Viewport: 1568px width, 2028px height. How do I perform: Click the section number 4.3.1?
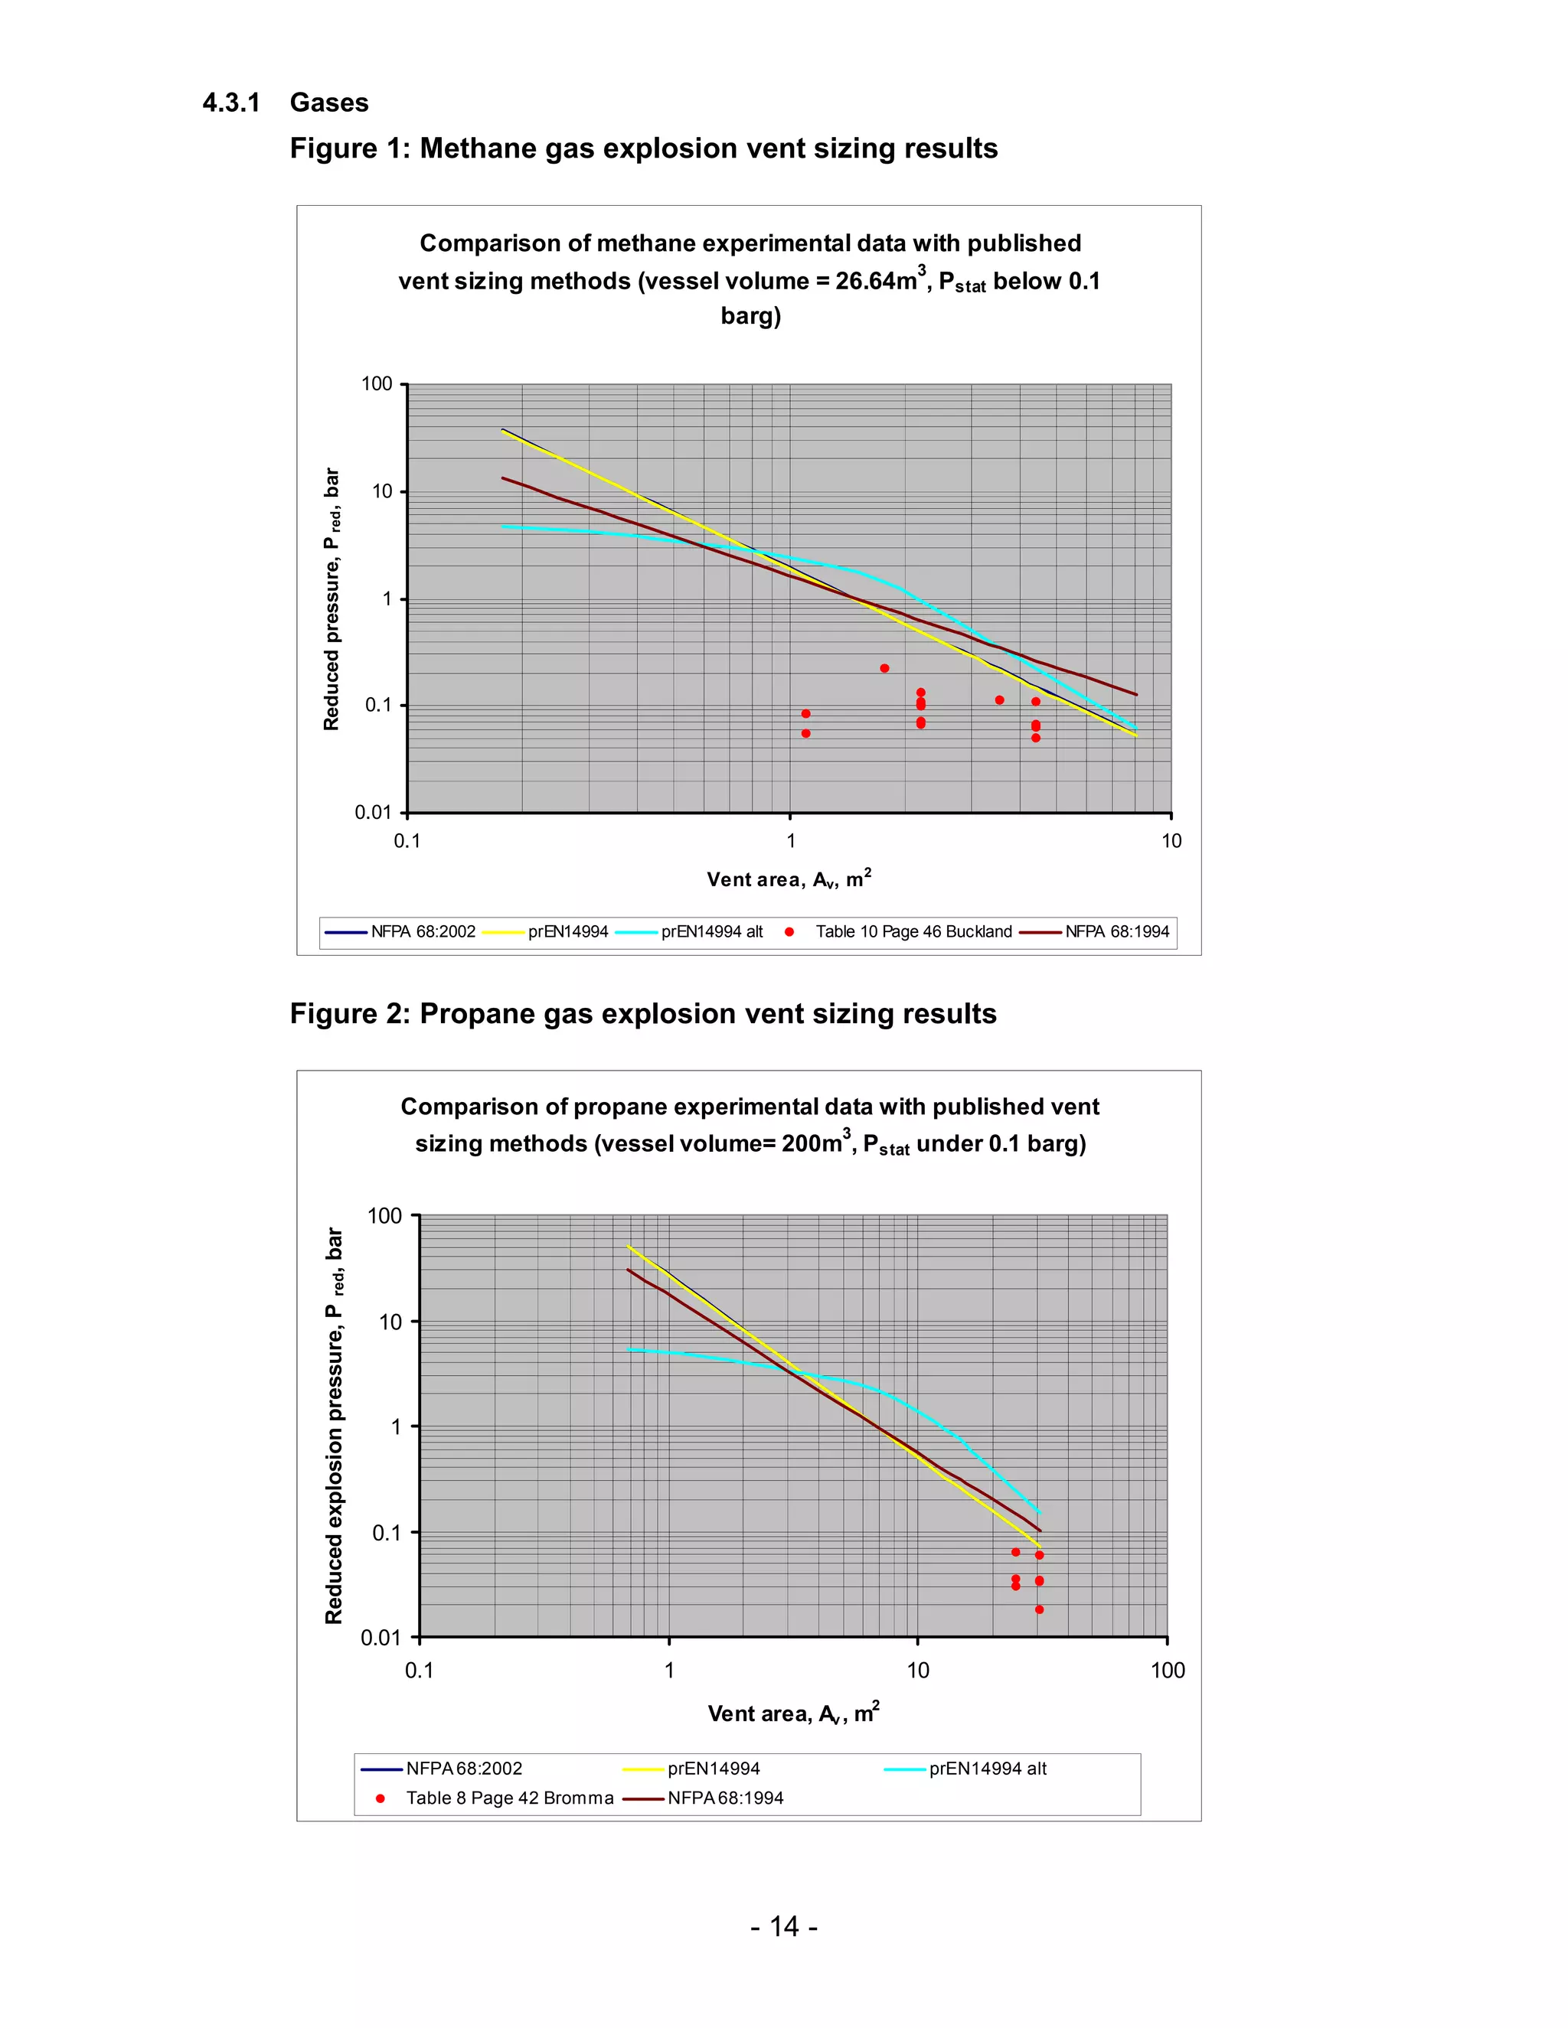pyautogui.click(x=230, y=102)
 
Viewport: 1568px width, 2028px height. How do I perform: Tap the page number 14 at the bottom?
pyautogui.click(x=783, y=1926)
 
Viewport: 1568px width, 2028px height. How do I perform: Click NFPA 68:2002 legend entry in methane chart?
pyautogui.click(x=423, y=931)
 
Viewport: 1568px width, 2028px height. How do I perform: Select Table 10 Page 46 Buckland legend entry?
pyautogui.click(x=913, y=931)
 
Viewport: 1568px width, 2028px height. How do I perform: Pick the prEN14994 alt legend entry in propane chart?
pyautogui.click(x=988, y=1769)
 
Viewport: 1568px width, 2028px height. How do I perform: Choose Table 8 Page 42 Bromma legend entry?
pyautogui.click(x=509, y=1798)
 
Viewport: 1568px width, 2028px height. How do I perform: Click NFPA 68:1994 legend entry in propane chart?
pyautogui.click(x=724, y=1798)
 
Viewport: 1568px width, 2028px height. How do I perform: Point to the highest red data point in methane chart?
pyautogui.click(x=884, y=669)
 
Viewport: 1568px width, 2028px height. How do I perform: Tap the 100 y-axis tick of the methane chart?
pyautogui.click(x=376, y=383)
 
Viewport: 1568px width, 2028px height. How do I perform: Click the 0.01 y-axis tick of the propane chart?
pyautogui.click(x=381, y=1637)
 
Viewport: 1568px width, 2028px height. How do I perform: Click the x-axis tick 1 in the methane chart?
pyautogui.click(x=790, y=840)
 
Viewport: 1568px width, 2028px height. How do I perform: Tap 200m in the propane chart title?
pyautogui.click(x=812, y=1143)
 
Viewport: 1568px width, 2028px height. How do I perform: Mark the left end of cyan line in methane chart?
pyautogui.click(x=504, y=527)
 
